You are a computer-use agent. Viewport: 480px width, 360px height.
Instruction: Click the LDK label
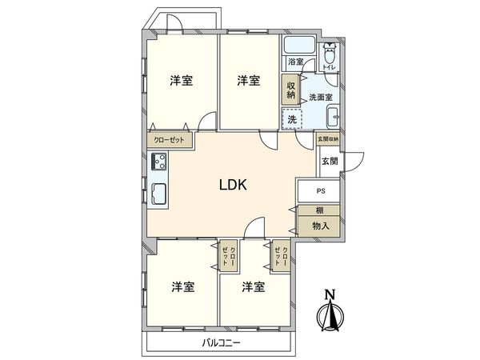coord(234,185)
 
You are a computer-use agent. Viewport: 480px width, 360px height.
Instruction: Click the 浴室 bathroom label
coord(295,62)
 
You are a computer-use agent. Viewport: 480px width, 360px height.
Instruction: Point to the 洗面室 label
coord(322,97)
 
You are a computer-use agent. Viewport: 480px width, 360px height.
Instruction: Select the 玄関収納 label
coord(328,139)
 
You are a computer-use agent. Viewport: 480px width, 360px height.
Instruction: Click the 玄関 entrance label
coord(330,161)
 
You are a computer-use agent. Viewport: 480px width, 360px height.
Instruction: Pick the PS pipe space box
coord(319,192)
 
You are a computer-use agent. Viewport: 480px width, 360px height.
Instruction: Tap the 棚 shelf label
coord(319,210)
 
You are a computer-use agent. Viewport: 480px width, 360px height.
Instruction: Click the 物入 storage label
coord(319,227)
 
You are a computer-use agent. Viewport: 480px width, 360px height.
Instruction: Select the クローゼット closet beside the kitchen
coord(170,139)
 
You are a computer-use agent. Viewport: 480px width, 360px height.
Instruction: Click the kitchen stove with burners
coord(158,163)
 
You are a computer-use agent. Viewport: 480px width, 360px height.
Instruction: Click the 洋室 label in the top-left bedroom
coord(181,81)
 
